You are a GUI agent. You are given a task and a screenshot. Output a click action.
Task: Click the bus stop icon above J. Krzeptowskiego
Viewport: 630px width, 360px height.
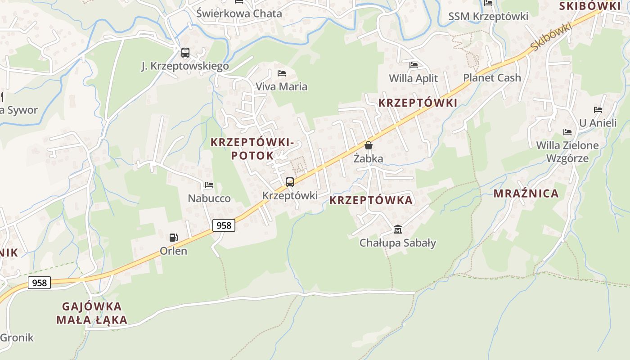pos(185,53)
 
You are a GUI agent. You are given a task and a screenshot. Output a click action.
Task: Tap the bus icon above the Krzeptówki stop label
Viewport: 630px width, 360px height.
pos(290,182)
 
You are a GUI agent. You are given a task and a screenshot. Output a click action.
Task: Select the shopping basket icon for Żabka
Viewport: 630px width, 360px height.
pos(369,145)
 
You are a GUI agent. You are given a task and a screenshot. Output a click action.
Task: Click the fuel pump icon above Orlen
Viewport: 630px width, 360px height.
pos(173,238)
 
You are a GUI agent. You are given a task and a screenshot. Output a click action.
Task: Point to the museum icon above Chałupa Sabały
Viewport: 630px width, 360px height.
pos(398,229)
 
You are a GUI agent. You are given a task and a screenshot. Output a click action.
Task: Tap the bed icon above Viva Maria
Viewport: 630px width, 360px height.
pos(282,73)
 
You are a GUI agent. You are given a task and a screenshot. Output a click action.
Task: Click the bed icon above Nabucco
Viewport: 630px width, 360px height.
pos(209,184)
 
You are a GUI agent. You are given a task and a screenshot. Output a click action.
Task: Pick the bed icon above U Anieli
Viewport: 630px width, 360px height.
pos(598,109)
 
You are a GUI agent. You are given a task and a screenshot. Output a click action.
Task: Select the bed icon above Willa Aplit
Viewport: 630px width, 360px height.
pos(414,65)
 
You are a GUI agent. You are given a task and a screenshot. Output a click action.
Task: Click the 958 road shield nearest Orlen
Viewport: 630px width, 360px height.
pos(224,225)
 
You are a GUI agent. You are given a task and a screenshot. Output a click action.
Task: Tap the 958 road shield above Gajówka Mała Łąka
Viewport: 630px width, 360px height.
pos(40,283)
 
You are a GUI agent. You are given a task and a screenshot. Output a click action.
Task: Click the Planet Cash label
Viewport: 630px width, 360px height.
pos(492,77)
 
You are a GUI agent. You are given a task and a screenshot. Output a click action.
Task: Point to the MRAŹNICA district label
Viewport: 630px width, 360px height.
pos(526,193)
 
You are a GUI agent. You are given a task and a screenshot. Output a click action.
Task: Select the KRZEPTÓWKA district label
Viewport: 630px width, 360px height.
pos(371,200)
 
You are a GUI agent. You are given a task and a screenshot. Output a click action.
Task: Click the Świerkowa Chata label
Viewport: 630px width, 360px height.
pos(239,13)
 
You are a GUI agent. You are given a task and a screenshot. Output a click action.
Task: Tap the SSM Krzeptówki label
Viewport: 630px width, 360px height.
pos(488,17)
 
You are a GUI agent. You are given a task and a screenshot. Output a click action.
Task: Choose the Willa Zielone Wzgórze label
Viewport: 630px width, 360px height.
pos(567,152)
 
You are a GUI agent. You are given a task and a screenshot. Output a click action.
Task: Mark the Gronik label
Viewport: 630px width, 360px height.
pos(17,337)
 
